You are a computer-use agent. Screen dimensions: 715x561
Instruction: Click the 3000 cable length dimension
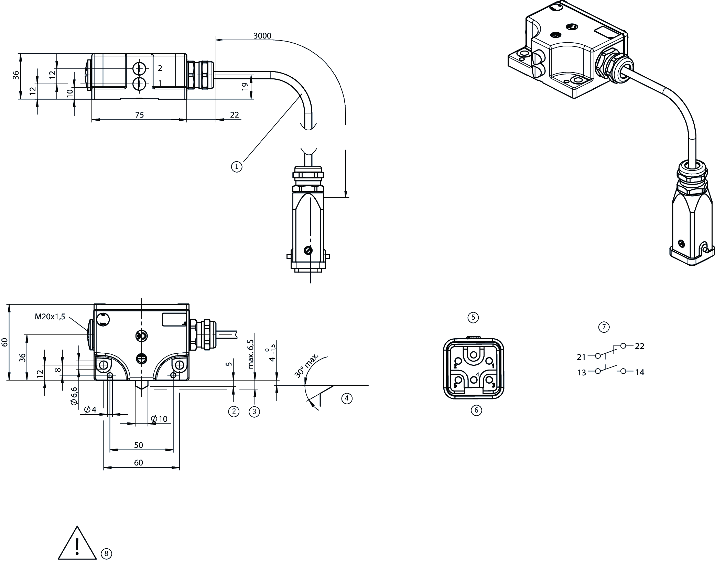click(x=262, y=36)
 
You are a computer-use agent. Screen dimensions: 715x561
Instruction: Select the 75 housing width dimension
click(x=139, y=115)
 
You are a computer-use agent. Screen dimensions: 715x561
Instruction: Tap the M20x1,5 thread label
click(x=50, y=317)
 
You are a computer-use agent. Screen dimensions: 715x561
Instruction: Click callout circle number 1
click(x=237, y=167)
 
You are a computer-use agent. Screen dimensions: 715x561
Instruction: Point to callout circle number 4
click(x=347, y=398)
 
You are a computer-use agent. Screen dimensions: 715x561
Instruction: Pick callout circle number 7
click(x=604, y=327)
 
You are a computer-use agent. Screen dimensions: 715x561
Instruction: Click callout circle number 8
click(x=106, y=553)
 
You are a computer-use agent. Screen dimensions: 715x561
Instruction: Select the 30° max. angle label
click(x=307, y=365)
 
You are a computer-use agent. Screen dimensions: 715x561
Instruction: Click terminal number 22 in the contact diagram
click(x=639, y=346)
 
